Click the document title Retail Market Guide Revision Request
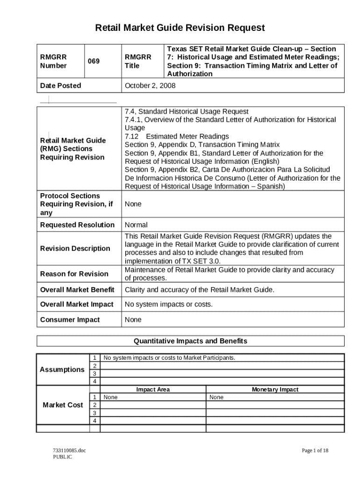coord(180,28)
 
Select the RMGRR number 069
coord(94,61)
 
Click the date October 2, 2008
coord(150,86)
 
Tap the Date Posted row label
coord(60,86)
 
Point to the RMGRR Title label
coord(138,61)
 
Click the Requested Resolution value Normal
coord(136,225)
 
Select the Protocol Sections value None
coord(133,204)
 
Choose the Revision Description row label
coord(75,248)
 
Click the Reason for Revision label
coord(74,274)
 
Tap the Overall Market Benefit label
coord(77,290)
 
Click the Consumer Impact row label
coord(70,320)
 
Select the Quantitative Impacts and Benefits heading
coord(190,341)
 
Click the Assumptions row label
coord(62,370)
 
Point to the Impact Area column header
coord(153,389)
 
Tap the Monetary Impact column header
coord(275,389)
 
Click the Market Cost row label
coord(63,405)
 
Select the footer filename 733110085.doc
coord(69,450)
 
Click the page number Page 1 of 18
coord(315,450)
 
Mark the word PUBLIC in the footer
coord(63,457)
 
